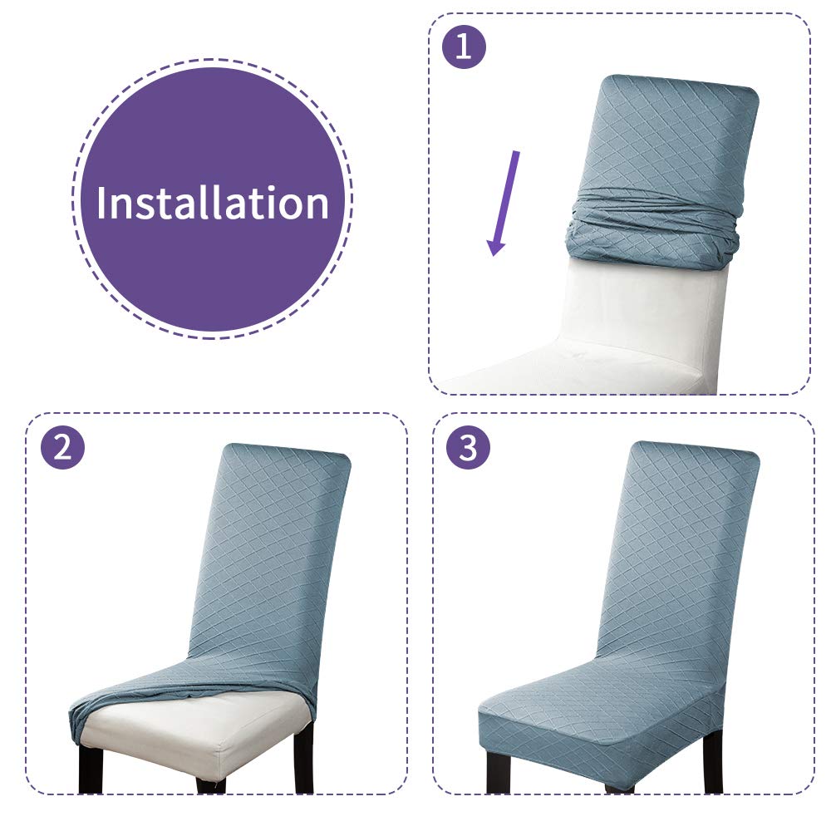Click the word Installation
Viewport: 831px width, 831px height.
click(213, 203)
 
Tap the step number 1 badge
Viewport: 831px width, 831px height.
click(464, 47)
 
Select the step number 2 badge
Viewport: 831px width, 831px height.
click(62, 448)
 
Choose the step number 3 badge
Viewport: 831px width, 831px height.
click(468, 448)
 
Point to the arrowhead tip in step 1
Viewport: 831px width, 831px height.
click(494, 256)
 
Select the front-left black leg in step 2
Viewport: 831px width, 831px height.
click(90, 771)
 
